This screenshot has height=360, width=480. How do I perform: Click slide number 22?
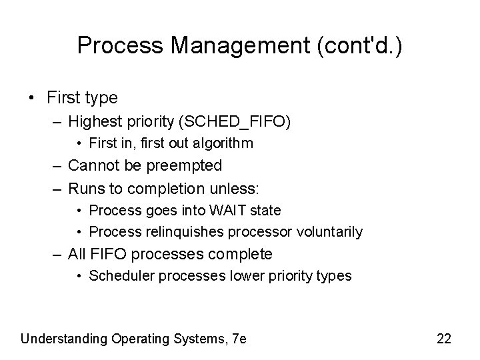click(444, 339)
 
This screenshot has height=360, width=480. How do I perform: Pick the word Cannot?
click(93, 165)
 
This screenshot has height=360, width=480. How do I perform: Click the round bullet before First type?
click(32, 99)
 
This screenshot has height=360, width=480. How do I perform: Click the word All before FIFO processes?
click(77, 254)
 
